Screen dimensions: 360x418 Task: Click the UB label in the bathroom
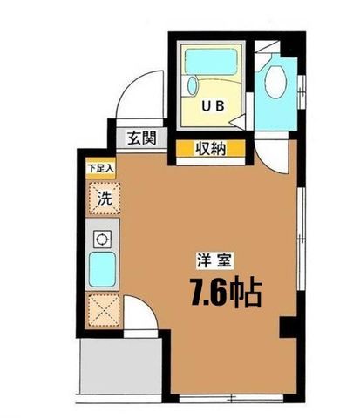tap(213, 106)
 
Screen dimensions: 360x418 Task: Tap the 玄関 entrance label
tap(142, 138)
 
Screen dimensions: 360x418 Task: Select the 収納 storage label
tap(210, 149)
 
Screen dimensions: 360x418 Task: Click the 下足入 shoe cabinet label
tap(100, 169)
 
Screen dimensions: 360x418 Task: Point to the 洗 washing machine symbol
tap(105, 199)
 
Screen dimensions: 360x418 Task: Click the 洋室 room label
tap(214, 260)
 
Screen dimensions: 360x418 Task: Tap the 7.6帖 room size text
tap(226, 292)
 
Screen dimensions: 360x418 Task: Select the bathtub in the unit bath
tap(211, 62)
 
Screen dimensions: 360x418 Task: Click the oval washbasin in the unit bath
tap(193, 85)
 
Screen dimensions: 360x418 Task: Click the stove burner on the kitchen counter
tap(102, 239)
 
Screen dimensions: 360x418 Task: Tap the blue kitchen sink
tap(102, 269)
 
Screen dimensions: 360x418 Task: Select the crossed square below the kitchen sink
tap(104, 311)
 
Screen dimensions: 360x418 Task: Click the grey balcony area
tap(121, 366)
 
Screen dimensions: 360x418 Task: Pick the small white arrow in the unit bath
tap(238, 121)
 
